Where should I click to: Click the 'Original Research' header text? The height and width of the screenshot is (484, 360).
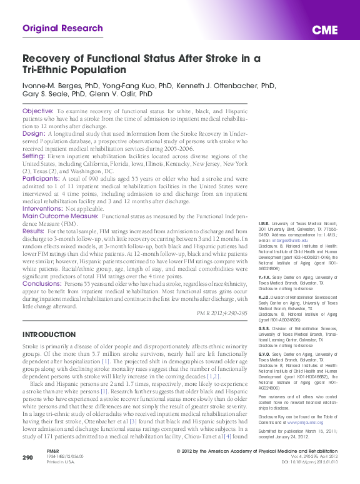(x=62, y=28)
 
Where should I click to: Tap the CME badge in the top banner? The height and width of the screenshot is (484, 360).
(x=325, y=30)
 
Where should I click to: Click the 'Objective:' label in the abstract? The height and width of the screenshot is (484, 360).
(x=38, y=111)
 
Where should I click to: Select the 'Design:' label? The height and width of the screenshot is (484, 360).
(x=34, y=134)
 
